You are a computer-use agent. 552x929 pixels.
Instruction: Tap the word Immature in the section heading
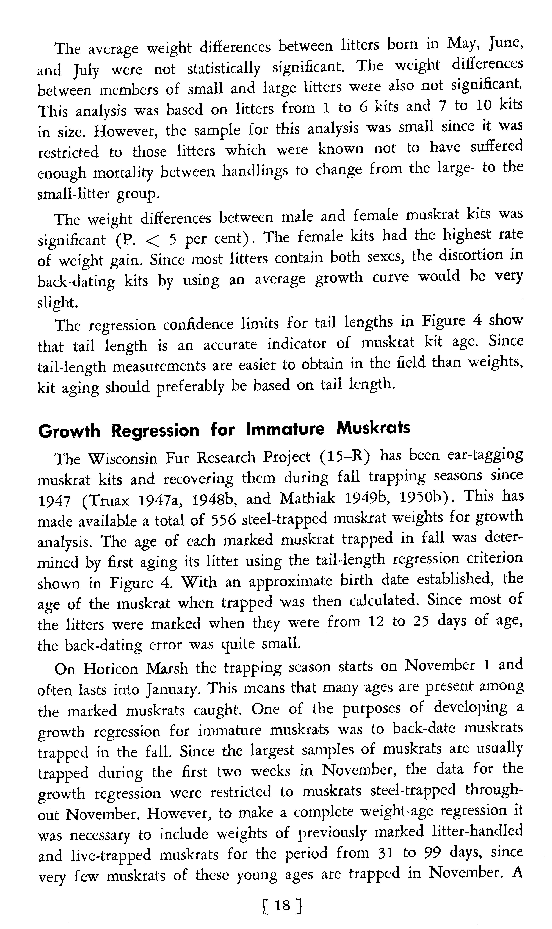tap(285, 429)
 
